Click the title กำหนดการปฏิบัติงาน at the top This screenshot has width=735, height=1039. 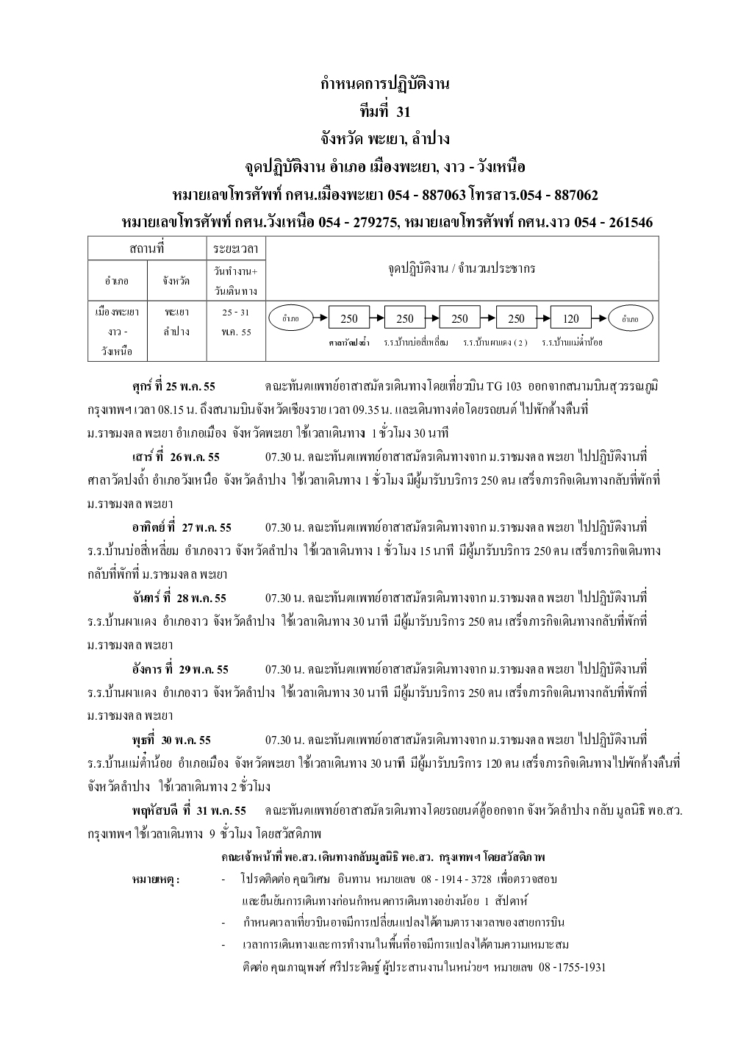(385, 84)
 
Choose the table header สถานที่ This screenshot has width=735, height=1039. (146, 249)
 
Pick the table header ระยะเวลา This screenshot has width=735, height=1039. (236, 249)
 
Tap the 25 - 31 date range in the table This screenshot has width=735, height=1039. (236, 313)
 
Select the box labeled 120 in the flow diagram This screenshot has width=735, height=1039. (571, 318)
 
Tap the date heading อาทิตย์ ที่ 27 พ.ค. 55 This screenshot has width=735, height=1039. (182, 528)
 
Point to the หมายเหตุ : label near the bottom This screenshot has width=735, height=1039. (157, 879)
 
